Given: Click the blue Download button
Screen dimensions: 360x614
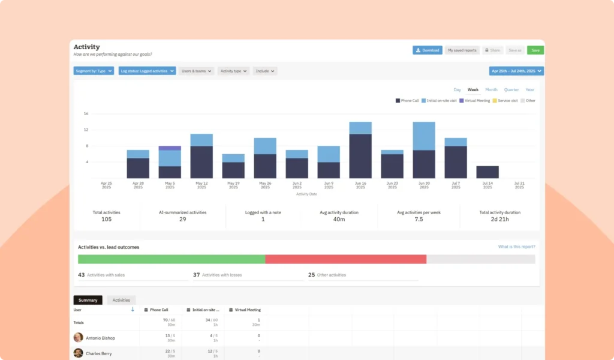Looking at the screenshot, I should pos(428,50).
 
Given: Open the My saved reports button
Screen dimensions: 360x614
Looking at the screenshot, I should pos(462,50).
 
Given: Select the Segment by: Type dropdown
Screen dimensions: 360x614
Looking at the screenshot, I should pos(94,71).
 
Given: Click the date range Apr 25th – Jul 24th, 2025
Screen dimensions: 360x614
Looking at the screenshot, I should pos(516,71).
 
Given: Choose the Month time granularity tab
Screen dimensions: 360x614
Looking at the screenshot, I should pos(491,90).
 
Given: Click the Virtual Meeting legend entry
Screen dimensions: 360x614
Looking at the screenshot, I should pos(474,101).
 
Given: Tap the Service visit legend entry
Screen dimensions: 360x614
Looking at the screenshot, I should pos(505,101).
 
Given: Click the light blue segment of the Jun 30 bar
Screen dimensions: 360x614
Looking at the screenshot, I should pos(424,136).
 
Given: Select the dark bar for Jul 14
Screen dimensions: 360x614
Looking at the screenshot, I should pos(487,172).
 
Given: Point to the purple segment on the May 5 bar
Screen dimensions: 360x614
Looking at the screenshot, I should pos(170,148).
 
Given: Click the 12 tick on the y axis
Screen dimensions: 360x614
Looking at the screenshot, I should pos(86,130).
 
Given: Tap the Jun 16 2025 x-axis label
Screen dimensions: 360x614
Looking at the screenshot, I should pos(360,185).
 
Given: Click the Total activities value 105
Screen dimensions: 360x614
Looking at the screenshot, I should pos(106,220).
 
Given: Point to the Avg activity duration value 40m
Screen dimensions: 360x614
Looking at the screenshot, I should pos(339,220).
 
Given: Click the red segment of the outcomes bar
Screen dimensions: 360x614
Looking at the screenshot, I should pos(345,259).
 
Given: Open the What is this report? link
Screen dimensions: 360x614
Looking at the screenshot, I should pos(516,247).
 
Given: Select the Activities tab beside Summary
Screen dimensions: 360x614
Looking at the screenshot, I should pos(121,300).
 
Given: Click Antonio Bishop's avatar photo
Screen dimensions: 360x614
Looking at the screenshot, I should pos(79,338).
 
